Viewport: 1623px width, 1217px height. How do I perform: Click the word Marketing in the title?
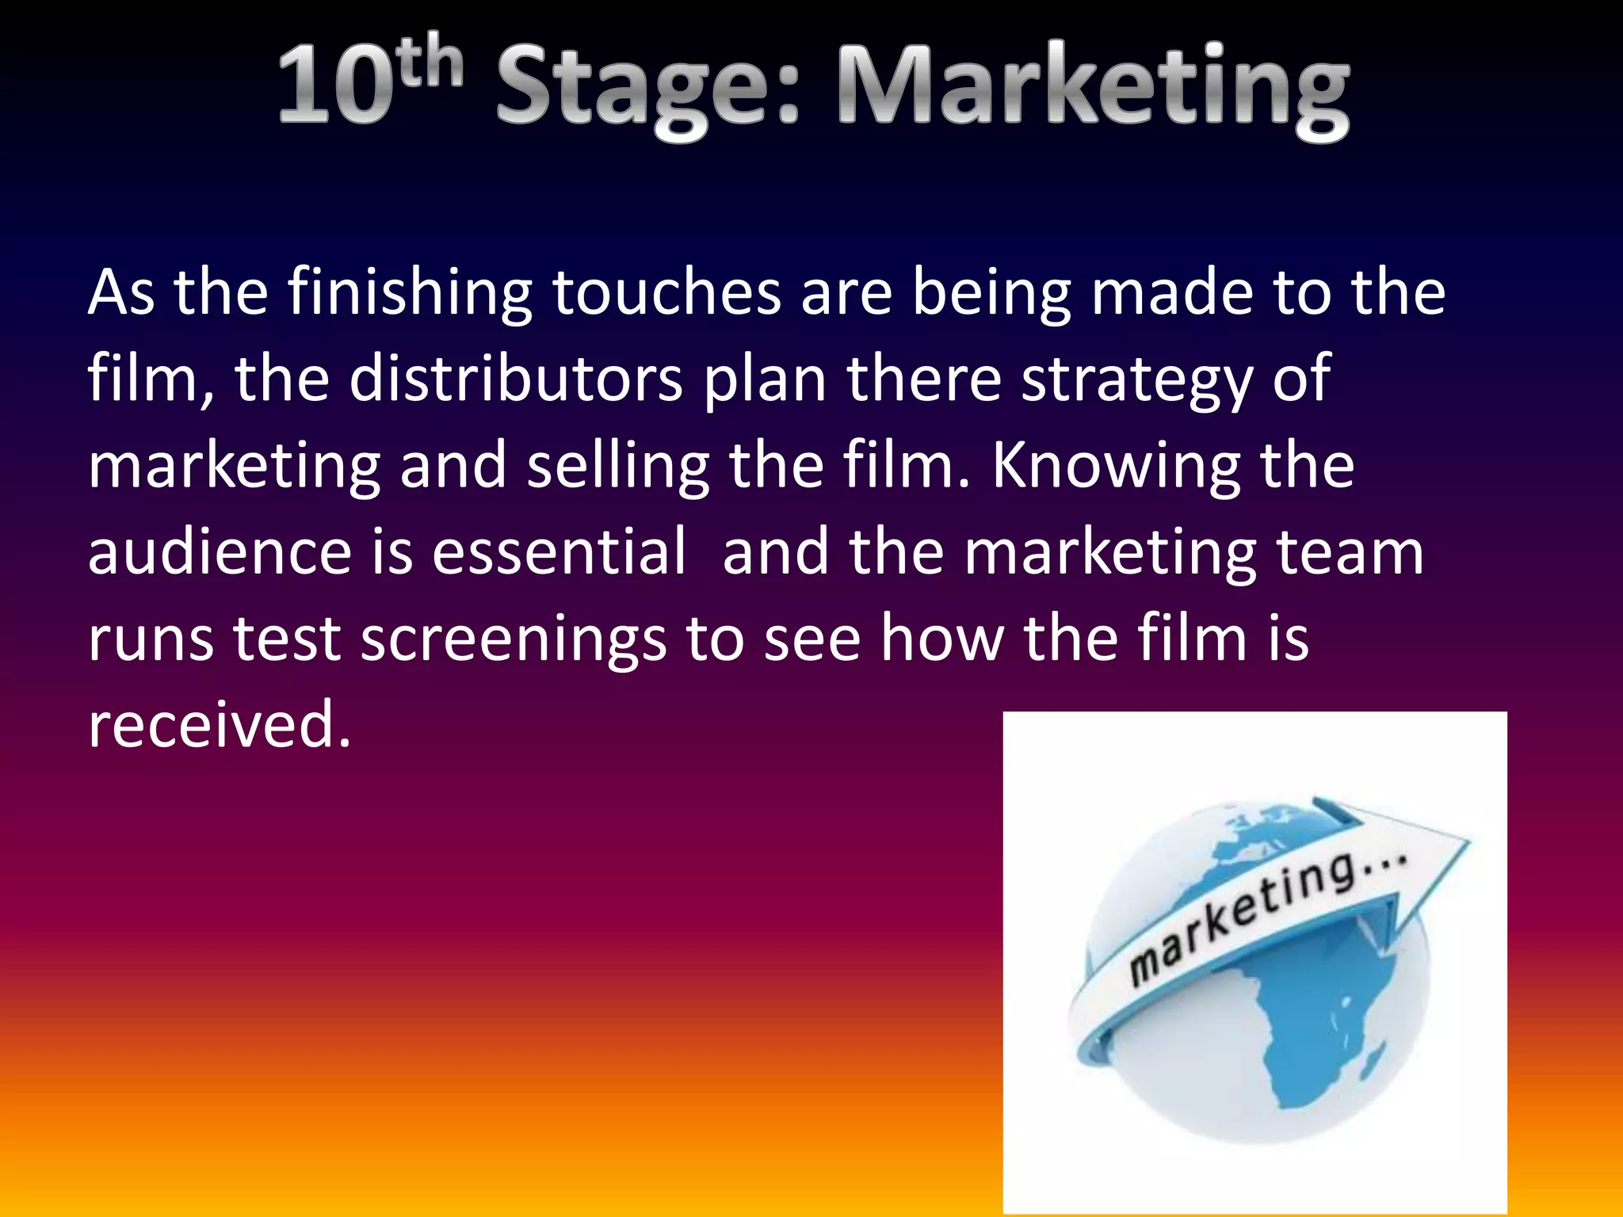click(x=1094, y=89)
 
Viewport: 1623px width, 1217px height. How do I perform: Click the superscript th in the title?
click(x=430, y=63)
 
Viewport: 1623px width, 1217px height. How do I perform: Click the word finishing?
click(x=409, y=293)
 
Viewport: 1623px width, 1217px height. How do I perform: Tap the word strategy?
click(x=1136, y=380)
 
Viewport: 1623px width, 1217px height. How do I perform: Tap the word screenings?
click(x=513, y=640)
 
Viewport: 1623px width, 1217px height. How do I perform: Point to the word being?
click(x=991, y=293)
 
